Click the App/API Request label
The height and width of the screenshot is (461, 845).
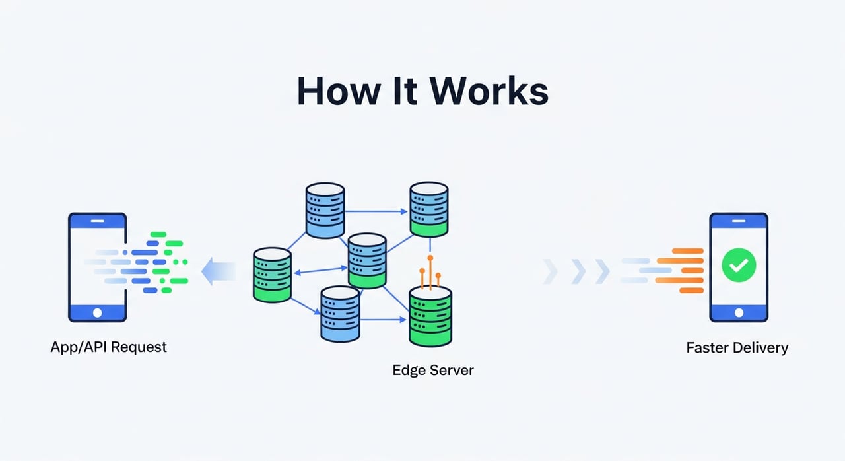pyautogui.click(x=109, y=347)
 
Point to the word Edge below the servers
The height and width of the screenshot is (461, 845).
pyautogui.click(x=409, y=370)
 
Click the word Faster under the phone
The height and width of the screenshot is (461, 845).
pyautogui.click(x=710, y=347)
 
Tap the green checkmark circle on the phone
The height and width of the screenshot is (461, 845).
pyautogui.click(x=738, y=266)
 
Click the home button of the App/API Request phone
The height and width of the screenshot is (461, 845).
pyautogui.click(x=98, y=312)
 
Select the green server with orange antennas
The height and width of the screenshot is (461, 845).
pyautogui.click(x=430, y=317)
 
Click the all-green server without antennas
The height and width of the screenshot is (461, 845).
pyautogui.click(x=272, y=275)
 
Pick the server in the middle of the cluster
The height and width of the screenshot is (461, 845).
pyautogui.click(x=367, y=261)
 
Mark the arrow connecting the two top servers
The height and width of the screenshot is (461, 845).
pyautogui.click(x=376, y=212)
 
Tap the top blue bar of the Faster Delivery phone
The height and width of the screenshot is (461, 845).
pyautogui.click(x=738, y=221)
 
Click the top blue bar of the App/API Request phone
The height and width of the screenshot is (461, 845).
pyautogui.click(x=98, y=221)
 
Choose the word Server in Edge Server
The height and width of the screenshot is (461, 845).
pyautogui.click(x=452, y=370)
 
